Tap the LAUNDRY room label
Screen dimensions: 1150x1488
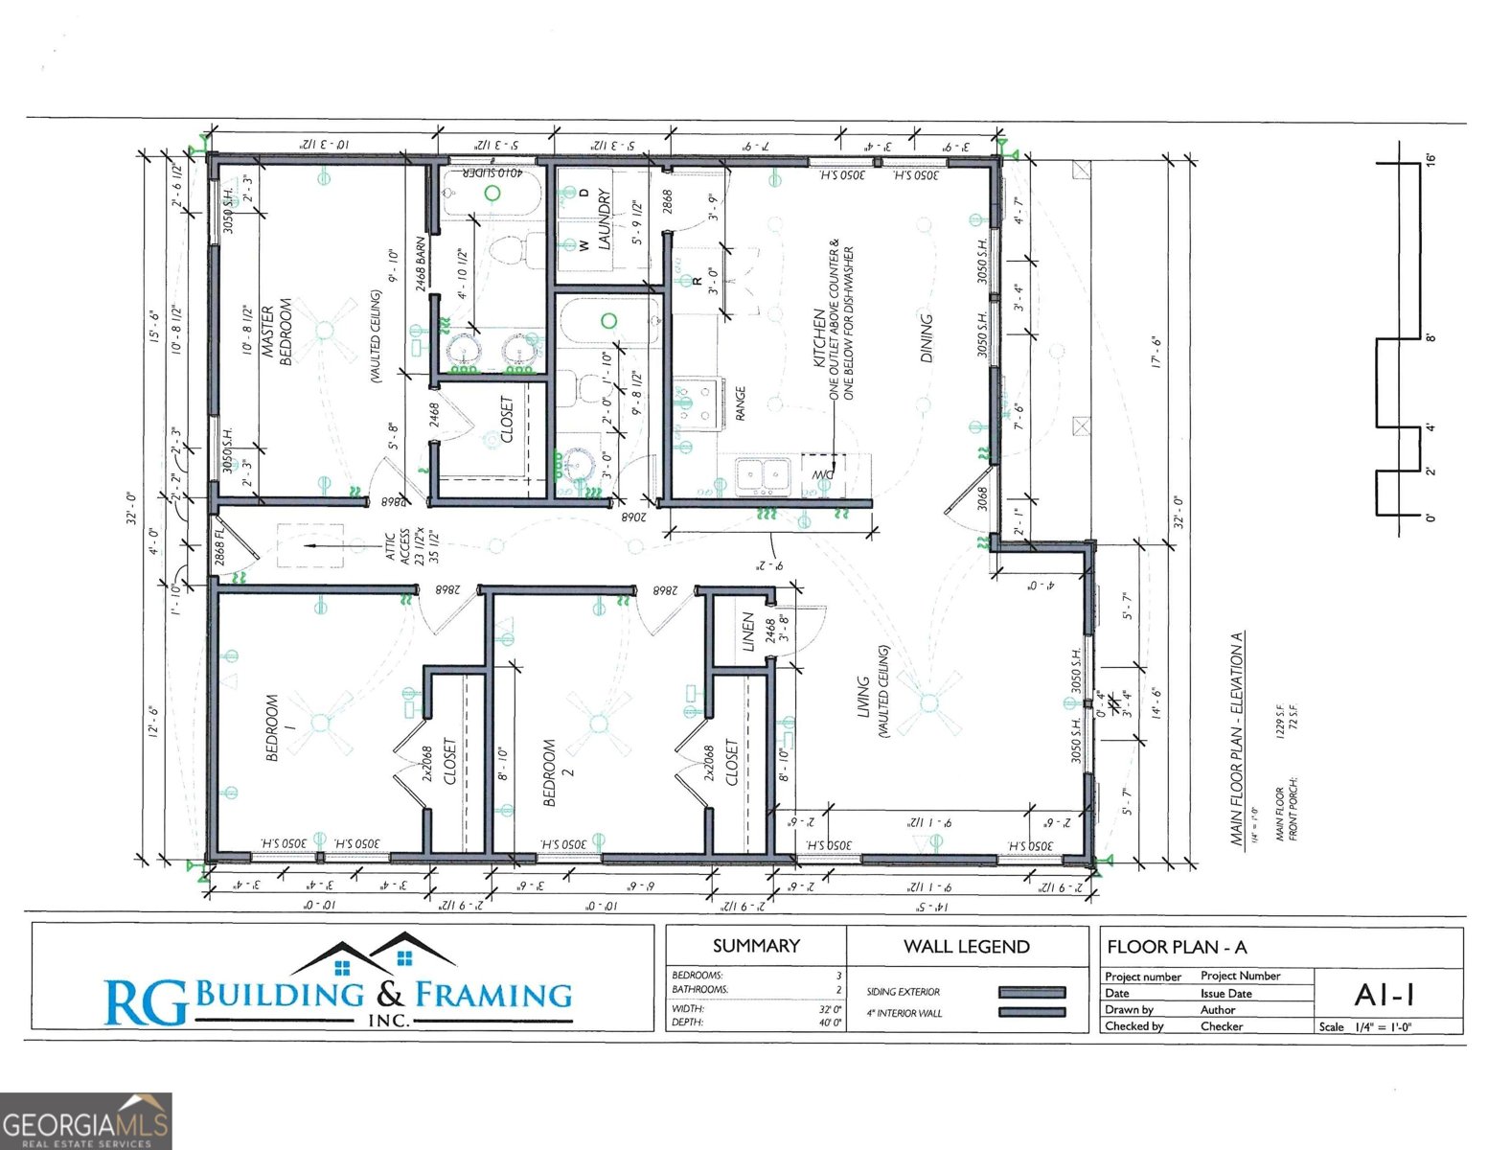click(605, 219)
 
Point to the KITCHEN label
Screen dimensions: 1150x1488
click(820, 337)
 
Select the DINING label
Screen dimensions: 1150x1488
click(927, 338)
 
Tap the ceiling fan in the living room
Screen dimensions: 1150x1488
click(927, 703)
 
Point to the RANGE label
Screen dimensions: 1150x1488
click(741, 403)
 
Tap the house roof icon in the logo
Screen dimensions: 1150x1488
click(374, 954)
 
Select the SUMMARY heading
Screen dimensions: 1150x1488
click(756, 946)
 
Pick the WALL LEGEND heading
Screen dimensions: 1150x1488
click(966, 947)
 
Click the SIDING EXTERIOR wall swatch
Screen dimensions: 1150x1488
click(1031, 993)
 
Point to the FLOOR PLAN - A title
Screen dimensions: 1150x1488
click(1177, 948)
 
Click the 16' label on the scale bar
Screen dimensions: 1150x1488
click(1431, 160)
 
